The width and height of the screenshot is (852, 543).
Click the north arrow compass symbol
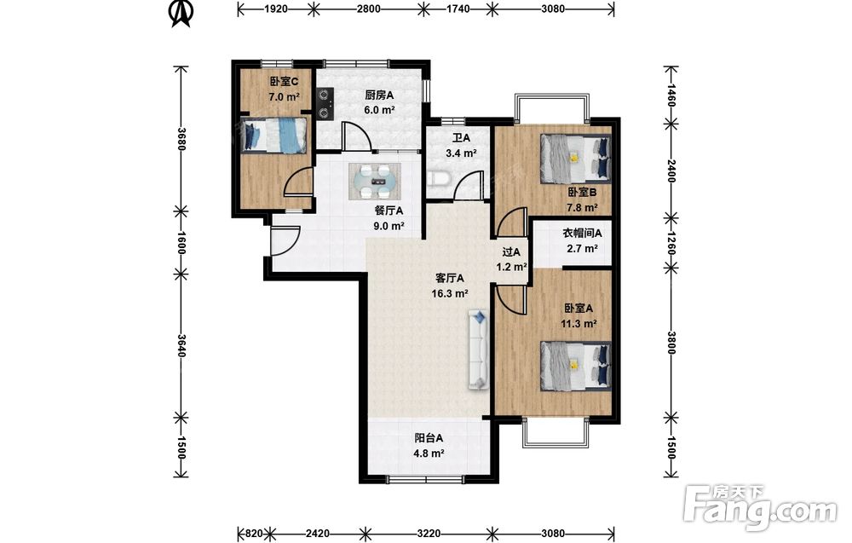click(181, 13)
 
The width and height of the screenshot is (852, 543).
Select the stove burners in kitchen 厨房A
click(325, 104)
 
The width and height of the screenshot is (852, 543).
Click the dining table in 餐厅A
click(375, 181)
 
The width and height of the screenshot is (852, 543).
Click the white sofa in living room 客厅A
click(478, 349)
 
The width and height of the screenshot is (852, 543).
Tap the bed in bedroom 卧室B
click(575, 159)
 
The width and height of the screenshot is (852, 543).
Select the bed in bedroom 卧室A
click(575, 366)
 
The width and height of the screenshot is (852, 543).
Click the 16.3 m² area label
click(450, 293)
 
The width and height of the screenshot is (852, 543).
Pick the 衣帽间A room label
click(582, 234)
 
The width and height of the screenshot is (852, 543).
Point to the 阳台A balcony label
click(429, 437)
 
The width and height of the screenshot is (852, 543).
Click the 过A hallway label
click(511, 251)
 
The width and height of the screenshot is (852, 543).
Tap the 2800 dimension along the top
click(369, 9)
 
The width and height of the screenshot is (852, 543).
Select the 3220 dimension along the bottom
click(429, 534)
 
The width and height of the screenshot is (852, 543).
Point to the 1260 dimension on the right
click(671, 243)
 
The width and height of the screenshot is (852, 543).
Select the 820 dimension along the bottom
click(255, 534)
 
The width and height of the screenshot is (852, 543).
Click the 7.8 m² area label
click(582, 207)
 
